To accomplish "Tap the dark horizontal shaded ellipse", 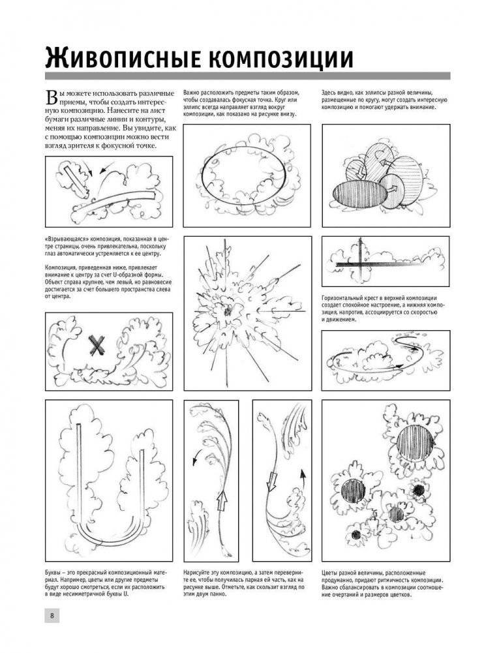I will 355,194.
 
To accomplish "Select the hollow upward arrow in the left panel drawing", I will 220,500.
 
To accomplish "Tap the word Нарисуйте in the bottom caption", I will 200,571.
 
